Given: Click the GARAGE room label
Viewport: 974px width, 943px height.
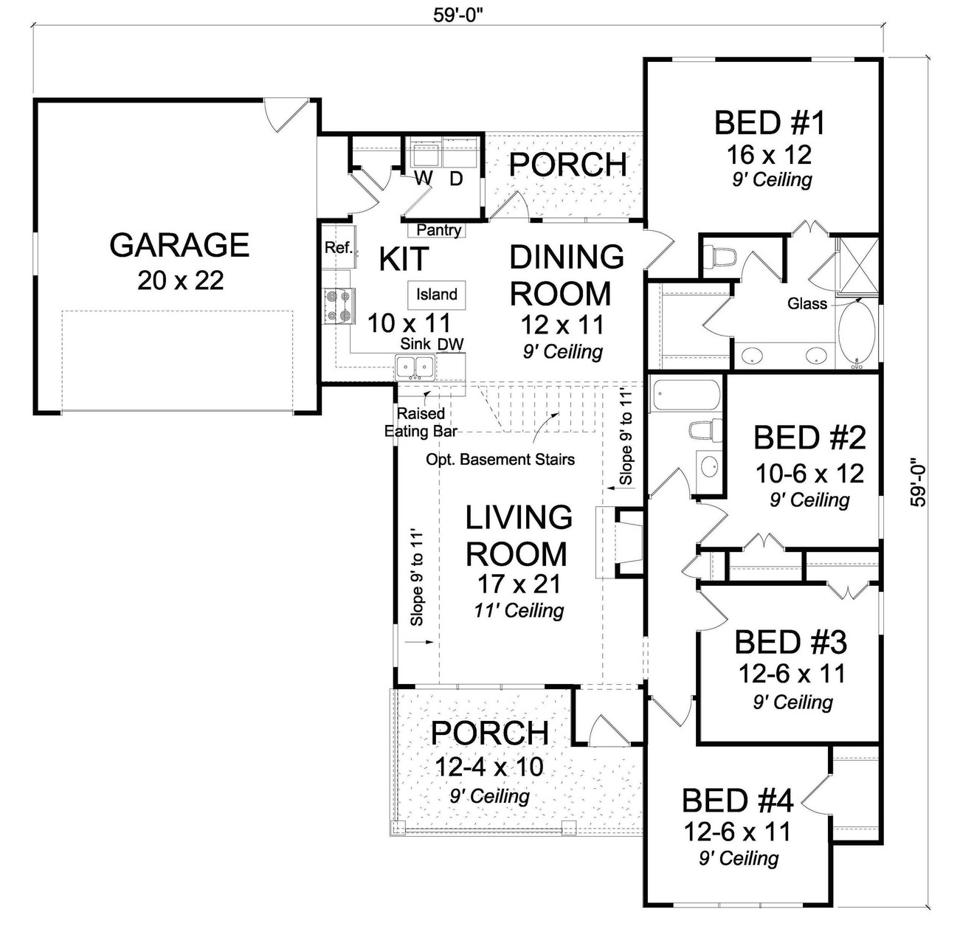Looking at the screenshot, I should [179, 245].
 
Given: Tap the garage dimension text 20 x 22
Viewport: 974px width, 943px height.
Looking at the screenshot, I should [180, 280].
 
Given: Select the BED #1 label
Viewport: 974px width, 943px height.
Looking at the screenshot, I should [770, 122].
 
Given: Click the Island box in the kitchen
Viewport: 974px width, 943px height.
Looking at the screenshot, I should [437, 294].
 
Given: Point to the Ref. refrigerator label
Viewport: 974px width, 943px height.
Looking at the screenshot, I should [339, 248].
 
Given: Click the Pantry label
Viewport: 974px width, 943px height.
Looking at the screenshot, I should [439, 230].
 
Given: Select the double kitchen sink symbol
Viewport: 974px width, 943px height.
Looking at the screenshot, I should [415, 365].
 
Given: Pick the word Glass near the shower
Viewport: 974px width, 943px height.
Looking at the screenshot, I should [807, 303].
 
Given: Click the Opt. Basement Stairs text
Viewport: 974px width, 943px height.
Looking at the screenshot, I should [500, 460].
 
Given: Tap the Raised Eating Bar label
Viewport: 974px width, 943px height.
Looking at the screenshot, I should [421, 423].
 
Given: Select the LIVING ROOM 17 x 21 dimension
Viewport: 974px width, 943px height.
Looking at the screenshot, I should [519, 584].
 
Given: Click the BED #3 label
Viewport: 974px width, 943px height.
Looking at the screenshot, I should [790, 642].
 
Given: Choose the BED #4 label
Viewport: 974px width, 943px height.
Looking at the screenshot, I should [737, 801].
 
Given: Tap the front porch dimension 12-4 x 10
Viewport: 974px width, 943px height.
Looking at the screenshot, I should [489, 767].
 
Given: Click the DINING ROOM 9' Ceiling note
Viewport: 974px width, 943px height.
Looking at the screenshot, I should [563, 352].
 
